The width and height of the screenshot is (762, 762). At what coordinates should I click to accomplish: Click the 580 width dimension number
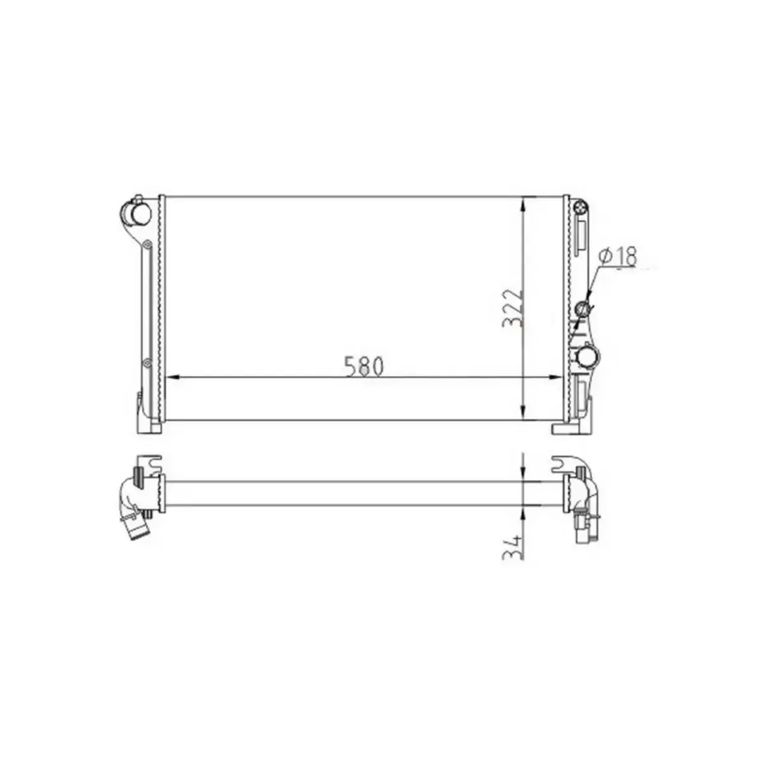tap(364, 366)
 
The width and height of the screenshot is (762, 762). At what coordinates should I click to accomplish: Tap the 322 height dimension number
tap(512, 309)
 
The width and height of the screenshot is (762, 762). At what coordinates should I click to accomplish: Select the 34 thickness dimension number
tap(512, 547)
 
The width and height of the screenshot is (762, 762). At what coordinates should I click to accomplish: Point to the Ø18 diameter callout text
tap(618, 256)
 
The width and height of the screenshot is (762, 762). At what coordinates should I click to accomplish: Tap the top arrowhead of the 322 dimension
tap(522, 203)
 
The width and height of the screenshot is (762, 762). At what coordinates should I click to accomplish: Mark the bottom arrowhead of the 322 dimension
tap(522, 413)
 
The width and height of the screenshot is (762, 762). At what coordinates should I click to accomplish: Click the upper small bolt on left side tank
tap(147, 244)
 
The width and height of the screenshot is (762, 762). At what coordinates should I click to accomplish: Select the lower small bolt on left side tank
tap(147, 363)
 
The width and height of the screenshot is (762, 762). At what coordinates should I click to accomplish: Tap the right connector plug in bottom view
tap(584, 528)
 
